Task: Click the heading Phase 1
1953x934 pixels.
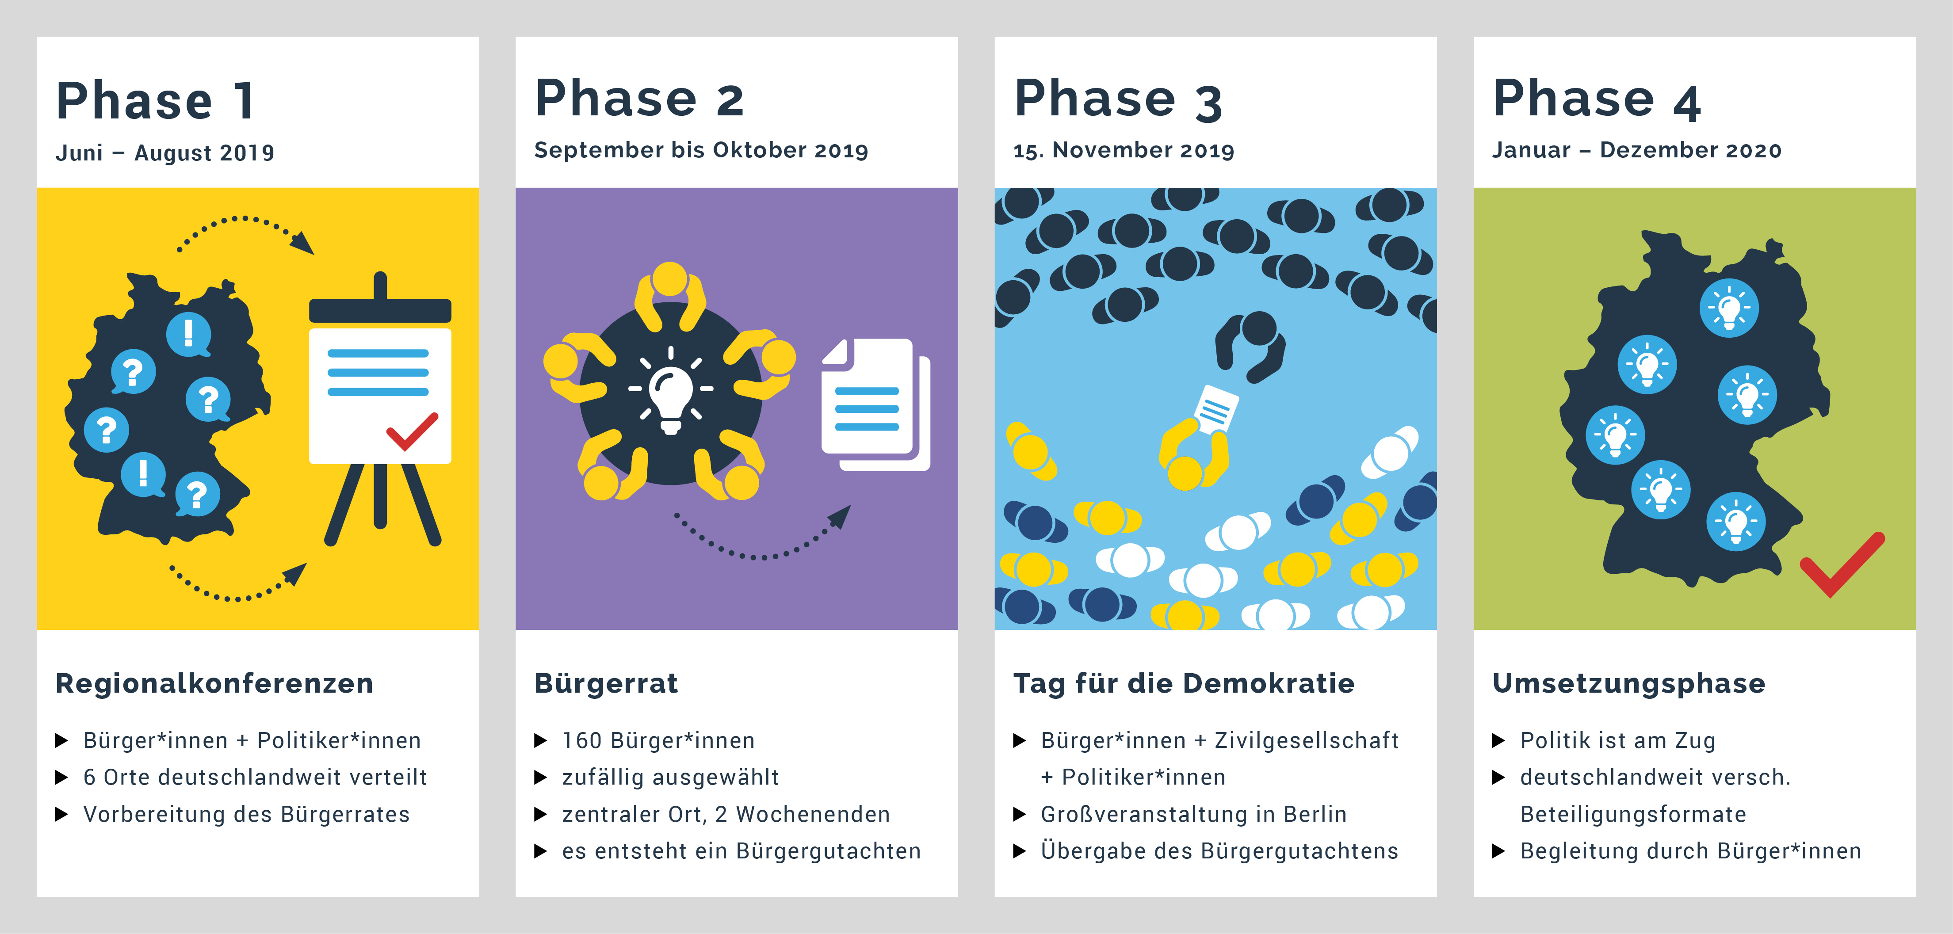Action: coord(156,101)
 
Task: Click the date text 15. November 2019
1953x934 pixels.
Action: coord(1124,150)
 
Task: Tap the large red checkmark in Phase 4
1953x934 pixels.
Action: coord(1841,565)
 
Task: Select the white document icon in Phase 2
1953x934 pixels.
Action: coord(875,404)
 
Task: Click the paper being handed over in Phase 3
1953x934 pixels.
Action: coord(1215,408)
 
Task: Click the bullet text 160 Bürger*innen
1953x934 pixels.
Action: coord(658,741)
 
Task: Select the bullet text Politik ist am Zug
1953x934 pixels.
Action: coord(1618,741)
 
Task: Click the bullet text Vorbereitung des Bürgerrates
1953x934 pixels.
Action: coord(246,814)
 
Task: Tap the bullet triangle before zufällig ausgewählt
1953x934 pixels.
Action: coord(541,777)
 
